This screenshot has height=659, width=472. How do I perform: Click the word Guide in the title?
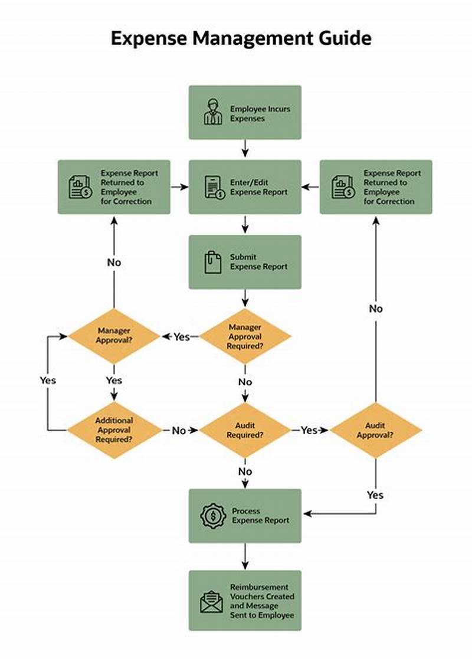(x=342, y=39)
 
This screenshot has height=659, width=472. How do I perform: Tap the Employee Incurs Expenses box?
(x=245, y=113)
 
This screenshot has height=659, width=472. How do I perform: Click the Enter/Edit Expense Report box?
(x=245, y=187)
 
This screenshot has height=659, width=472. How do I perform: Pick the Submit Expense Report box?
(x=245, y=262)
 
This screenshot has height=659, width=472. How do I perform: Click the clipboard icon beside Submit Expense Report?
(x=213, y=262)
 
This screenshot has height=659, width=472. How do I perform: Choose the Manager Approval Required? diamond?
(x=245, y=336)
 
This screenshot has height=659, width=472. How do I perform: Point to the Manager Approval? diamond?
(x=114, y=336)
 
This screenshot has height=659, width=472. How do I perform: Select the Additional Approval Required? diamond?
(x=114, y=430)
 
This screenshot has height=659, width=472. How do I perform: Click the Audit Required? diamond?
(x=245, y=430)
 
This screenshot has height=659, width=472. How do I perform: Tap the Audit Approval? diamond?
(x=376, y=430)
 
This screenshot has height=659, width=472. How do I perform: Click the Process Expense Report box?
(x=245, y=516)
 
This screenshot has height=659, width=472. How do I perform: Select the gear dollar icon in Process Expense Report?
(x=212, y=516)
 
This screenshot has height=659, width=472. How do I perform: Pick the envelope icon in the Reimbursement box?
(x=212, y=601)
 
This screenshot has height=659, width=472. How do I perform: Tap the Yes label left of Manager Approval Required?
(x=182, y=337)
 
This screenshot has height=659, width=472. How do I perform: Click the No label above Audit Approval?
(x=376, y=309)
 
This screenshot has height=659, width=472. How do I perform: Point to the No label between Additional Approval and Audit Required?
(x=179, y=431)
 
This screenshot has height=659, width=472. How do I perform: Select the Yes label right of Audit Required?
(x=309, y=431)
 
